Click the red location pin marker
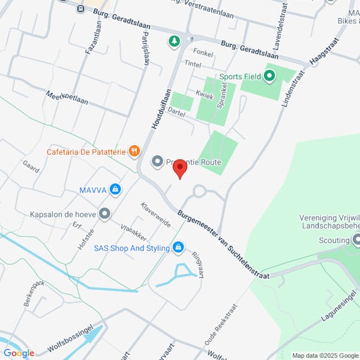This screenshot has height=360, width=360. (180, 170)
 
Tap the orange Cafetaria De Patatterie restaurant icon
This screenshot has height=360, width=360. (134, 151)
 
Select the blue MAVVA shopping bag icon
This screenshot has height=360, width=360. (115, 190)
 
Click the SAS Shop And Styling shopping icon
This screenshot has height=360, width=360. (178, 247)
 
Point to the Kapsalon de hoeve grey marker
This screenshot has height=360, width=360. (105, 214)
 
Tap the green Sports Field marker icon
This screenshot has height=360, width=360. (269, 76)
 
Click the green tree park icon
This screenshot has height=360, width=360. (174, 41)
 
